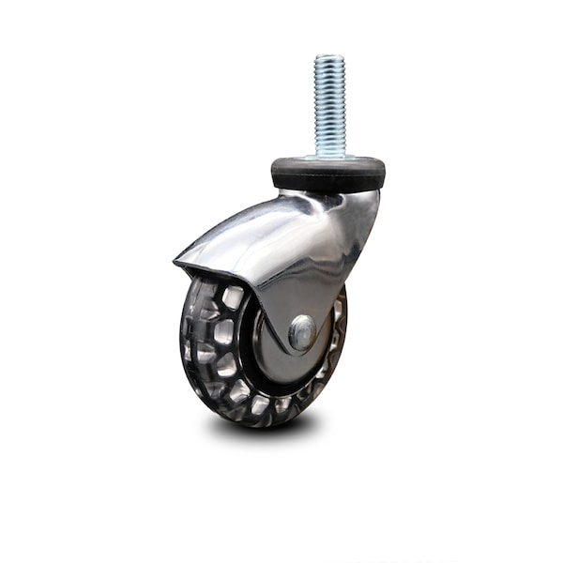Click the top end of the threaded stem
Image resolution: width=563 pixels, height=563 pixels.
coord(329,58)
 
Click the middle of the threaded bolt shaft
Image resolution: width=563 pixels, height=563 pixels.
coord(329,105)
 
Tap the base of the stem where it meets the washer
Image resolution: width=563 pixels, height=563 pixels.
coord(329,155)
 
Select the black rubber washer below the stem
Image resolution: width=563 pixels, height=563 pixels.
coord(327,173)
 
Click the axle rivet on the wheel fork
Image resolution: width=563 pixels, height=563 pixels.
coord(302,331)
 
